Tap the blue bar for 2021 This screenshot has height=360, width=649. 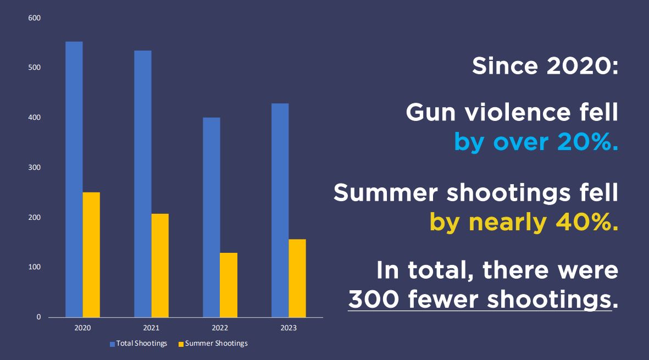coord(143,184)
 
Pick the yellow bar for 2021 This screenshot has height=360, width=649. coord(160,265)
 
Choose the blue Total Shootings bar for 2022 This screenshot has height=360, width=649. coord(212,217)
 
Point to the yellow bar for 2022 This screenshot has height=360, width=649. coord(229,285)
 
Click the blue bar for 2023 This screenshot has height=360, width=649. coord(280,210)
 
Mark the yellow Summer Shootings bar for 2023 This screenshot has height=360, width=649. coord(297,278)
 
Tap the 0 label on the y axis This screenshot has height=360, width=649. coord(38,317)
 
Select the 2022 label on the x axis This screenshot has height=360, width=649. coord(220,328)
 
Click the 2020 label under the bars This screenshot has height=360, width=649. coord(82,328)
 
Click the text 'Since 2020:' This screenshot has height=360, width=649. coord(545,67)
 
